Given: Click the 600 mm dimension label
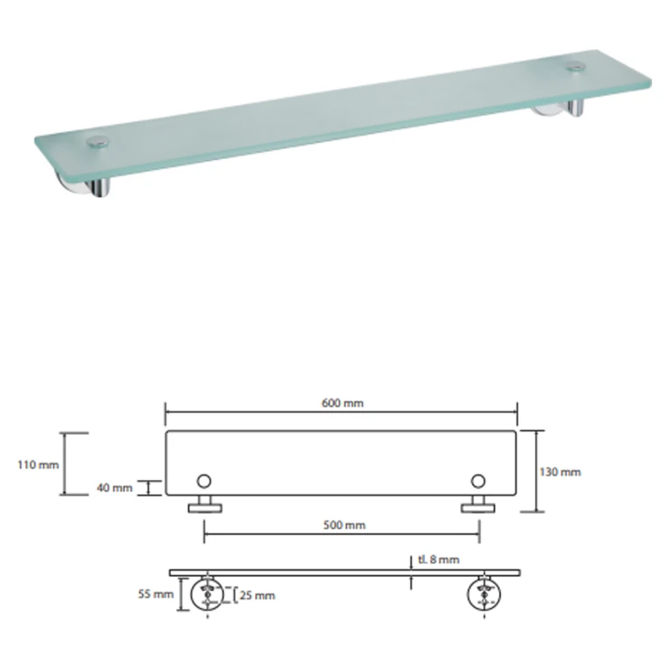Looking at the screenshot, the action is coord(342,403).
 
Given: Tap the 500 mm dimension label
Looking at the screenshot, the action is coord(344,524).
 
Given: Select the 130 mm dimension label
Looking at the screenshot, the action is coord(560,472).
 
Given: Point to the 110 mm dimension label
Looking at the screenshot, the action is coord(38,464).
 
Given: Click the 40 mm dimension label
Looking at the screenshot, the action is coord(114,487).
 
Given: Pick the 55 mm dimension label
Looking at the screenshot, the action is coord(155,593).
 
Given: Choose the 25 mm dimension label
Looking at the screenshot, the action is coord(258,595).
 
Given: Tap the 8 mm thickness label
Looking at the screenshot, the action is coord(438,560).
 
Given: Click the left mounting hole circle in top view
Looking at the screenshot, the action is coord(204,481).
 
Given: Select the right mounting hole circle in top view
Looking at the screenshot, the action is coord(478,481).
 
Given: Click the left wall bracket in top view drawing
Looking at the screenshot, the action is coord(205,504).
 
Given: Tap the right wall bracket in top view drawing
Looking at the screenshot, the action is coord(478,504).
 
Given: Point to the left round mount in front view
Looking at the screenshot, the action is coord(207,593).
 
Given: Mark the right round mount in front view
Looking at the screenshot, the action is coord(484,593).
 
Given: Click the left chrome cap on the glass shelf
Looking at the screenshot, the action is coord(98,142).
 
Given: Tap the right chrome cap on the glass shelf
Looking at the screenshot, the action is coord(576,67).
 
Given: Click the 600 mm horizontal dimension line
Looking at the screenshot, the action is coord(342,412).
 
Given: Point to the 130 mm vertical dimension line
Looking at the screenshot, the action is coord(536,471).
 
